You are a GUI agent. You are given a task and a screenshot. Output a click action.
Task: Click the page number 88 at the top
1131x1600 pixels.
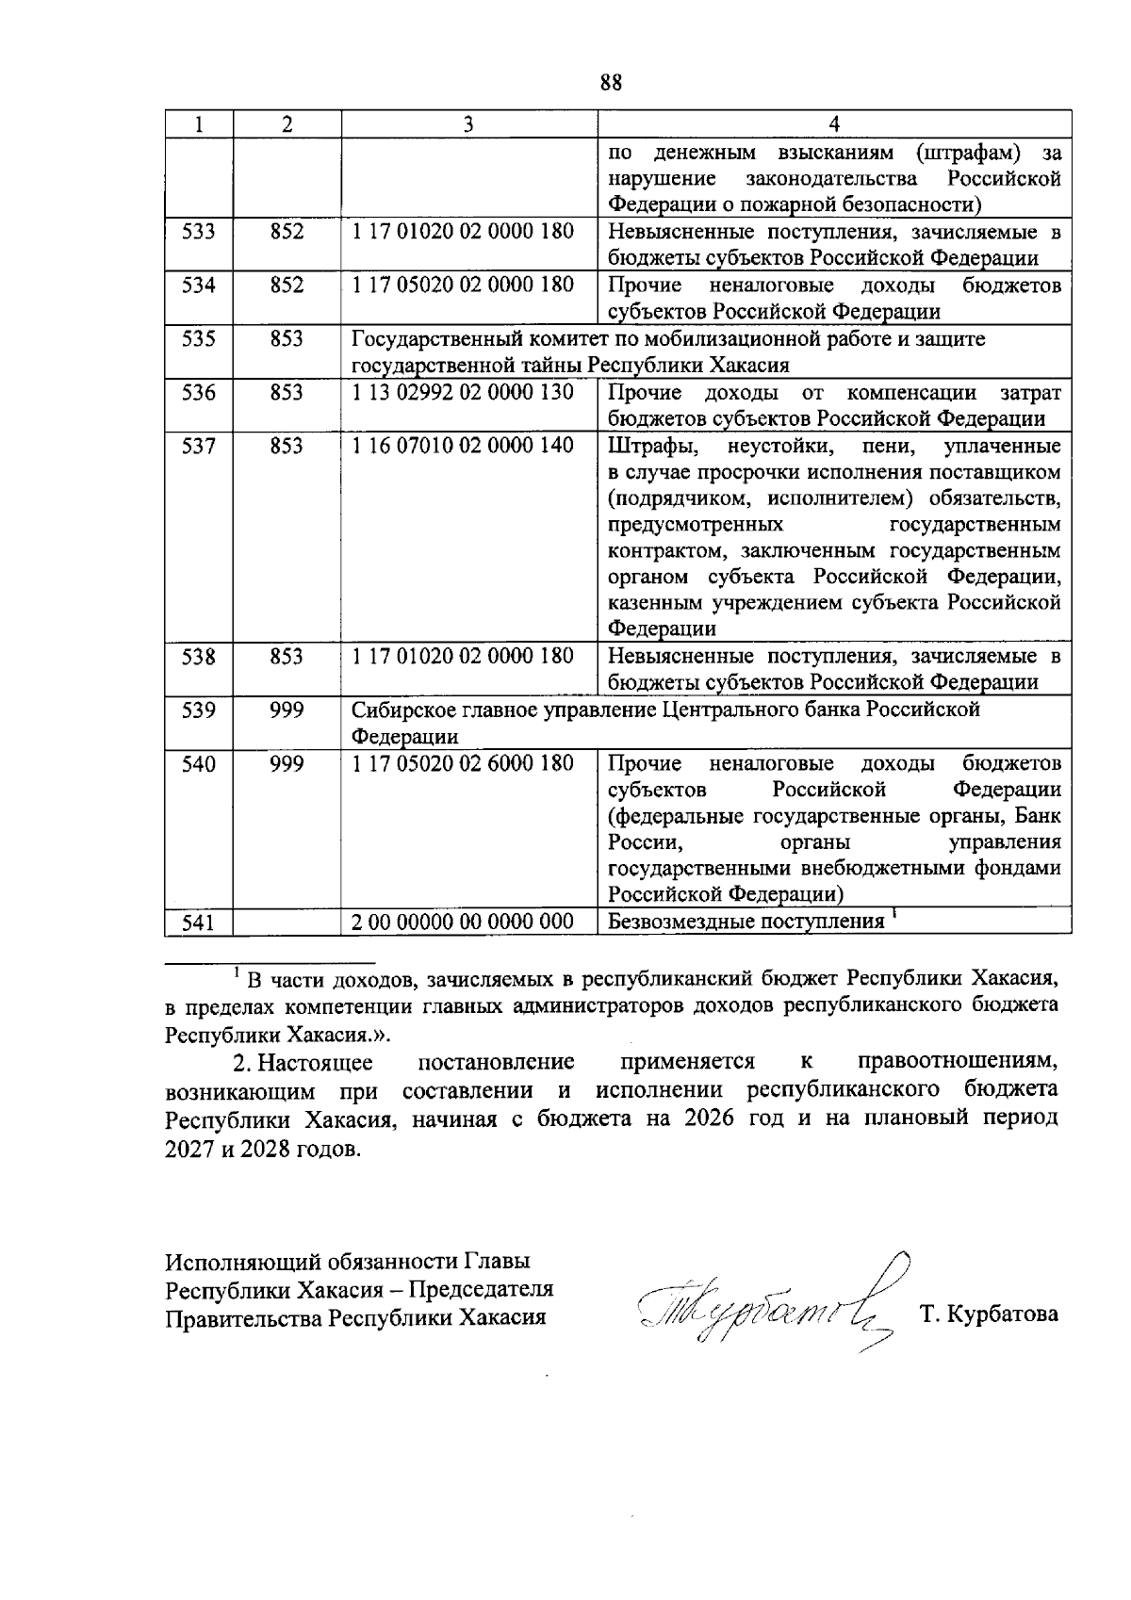tap(611, 83)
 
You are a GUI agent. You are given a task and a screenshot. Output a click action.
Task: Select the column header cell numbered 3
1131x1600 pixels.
tap(467, 124)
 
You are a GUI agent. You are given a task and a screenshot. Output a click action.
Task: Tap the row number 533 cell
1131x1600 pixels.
tap(198, 232)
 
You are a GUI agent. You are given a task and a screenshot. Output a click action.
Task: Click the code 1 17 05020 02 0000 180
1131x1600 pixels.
tap(463, 285)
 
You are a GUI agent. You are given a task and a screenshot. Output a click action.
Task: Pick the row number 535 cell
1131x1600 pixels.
tap(198, 339)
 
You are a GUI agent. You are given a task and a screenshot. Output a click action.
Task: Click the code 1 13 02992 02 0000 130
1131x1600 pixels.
tap(463, 392)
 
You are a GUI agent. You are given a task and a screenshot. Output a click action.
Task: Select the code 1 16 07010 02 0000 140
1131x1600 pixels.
tap(463, 446)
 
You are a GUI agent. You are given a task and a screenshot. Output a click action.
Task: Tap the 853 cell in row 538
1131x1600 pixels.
tap(287, 656)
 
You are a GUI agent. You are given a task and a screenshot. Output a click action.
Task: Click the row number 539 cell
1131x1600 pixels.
tap(198, 710)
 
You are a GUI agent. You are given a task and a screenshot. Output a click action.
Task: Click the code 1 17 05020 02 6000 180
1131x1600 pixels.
tap(463, 763)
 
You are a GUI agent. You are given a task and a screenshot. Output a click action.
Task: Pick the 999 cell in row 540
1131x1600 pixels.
tap(287, 763)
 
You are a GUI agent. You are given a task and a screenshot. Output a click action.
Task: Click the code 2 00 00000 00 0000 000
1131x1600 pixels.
tap(463, 922)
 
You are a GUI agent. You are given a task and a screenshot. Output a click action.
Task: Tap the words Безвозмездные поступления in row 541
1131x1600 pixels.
tap(746, 922)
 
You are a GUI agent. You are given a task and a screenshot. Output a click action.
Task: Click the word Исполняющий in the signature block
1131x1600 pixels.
tap(232, 1262)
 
